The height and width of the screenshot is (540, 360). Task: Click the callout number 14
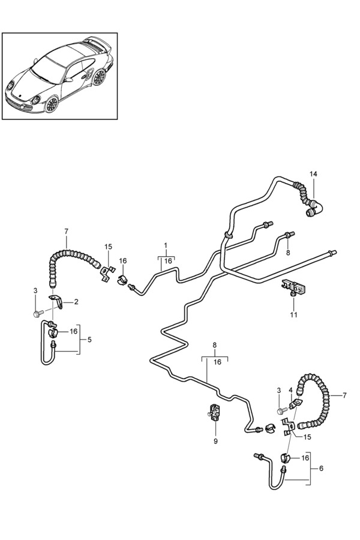(313, 174)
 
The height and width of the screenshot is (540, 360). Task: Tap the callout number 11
(293, 314)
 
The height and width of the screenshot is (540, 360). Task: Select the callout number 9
(215, 441)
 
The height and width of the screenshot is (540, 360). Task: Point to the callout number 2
(76, 302)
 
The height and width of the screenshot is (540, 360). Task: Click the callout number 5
(89, 340)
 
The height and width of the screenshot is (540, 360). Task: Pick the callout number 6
(321, 469)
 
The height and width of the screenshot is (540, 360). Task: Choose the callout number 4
(290, 390)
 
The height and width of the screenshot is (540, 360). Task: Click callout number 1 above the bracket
(166, 245)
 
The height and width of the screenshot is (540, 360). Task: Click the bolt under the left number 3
(38, 313)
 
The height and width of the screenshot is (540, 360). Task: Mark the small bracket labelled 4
(296, 404)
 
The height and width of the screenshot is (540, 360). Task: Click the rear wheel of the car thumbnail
(99, 77)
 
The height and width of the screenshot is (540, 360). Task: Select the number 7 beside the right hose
(344, 395)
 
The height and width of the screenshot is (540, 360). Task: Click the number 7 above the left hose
(67, 231)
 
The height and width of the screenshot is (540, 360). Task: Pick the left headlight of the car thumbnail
(35, 100)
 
